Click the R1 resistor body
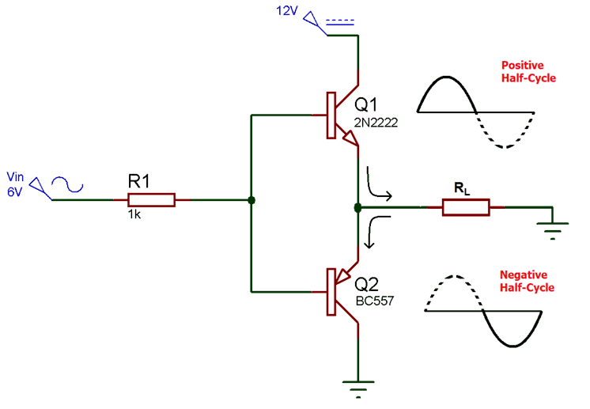[x=151, y=200]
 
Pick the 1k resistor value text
[x=135, y=214]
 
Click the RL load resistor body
[x=466, y=208]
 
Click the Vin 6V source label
[x=16, y=183]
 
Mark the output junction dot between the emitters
[x=357, y=208]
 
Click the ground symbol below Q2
[x=358, y=388]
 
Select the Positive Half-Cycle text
[x=528, y=71]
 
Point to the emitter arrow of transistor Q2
[x=343, y=274]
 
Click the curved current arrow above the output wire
[x=377, y=186]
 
